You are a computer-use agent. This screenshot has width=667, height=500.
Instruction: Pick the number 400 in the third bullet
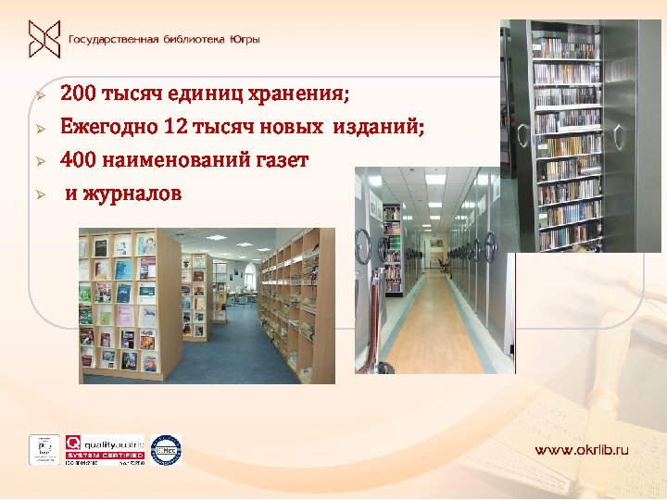click(78, 160)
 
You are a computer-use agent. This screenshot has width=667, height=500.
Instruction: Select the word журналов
click(132, 194)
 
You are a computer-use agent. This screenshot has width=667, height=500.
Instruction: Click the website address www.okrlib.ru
click(581, 449)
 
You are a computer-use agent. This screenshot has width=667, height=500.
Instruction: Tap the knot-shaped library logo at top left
click(44, 39)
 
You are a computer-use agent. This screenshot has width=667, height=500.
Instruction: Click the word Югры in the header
click(243, 40)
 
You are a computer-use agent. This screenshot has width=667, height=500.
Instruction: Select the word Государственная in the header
click(109, 40)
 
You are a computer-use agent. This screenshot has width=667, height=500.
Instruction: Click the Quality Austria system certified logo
click(104, 448)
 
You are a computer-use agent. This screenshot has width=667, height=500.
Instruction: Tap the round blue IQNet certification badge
click(166, 448)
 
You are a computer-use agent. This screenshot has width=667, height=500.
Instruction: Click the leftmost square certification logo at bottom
click(44, 448)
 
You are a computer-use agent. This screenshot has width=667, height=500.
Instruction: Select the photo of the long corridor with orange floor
click(435, 269)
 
